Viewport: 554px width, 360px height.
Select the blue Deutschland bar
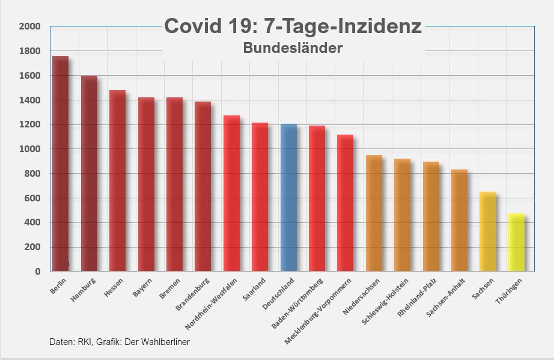pos(288,198)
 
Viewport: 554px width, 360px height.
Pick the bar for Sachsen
pos(487,231)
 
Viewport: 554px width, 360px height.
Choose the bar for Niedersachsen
pos(374,213)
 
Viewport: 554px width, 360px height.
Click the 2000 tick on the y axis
pos(29,26)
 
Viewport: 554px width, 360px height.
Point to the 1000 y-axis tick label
pos(29,149)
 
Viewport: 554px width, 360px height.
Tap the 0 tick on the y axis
pos(37,272)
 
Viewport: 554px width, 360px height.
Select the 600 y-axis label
pos(32,198)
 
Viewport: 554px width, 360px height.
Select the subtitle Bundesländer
pos(293,48)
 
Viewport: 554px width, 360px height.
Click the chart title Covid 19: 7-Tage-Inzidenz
pos(293,26)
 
